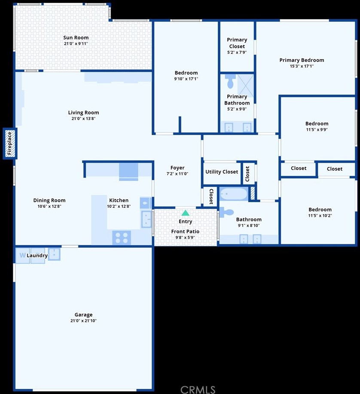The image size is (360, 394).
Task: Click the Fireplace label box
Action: (10, 144)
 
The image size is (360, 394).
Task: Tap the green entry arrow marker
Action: (185, 213)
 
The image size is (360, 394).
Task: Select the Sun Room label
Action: (76, 37)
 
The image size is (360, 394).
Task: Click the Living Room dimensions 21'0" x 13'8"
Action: (83, 119)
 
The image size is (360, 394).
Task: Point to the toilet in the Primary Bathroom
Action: (230, 81)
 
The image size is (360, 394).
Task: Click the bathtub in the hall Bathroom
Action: (234, 194)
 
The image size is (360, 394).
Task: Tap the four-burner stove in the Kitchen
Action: (122, 237)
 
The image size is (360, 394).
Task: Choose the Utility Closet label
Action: (222, 172)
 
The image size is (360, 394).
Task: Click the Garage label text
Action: (84, 314)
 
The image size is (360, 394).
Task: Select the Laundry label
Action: (37, 255)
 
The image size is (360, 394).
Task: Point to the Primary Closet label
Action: (237, 43)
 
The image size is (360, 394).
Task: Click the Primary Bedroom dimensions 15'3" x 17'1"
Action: (302, 66)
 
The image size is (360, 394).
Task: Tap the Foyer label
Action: (177, 168)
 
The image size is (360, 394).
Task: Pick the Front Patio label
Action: (185, 231)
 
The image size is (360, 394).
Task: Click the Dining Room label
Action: (49, 200)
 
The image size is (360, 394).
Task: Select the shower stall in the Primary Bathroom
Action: (246, 86)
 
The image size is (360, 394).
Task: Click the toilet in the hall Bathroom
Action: (227, 212)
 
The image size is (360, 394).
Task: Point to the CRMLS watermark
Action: (198, 389)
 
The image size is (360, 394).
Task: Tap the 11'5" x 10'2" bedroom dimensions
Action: (320, 215)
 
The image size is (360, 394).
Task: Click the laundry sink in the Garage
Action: (54, 254)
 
